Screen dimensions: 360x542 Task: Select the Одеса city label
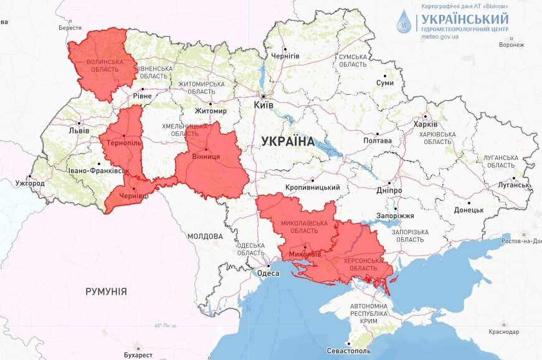[268, 272]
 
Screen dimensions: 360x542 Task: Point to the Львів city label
[78, 131]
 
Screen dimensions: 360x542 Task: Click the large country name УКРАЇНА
[288, 141]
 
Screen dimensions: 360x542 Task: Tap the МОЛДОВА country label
[205, 237]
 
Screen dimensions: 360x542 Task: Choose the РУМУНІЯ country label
[106, 291]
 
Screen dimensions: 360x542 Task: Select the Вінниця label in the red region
[206, 156]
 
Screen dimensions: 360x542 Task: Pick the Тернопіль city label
[125, 143]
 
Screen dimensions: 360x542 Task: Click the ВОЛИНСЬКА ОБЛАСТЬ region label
[104, 65]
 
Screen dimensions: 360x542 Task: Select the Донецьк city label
[468, 210]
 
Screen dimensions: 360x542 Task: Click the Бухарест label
[138, 354]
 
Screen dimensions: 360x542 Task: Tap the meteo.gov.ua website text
[440, 37]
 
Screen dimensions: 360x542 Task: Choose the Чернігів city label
[285, 56]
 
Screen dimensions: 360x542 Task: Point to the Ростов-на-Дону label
[518, 241]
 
